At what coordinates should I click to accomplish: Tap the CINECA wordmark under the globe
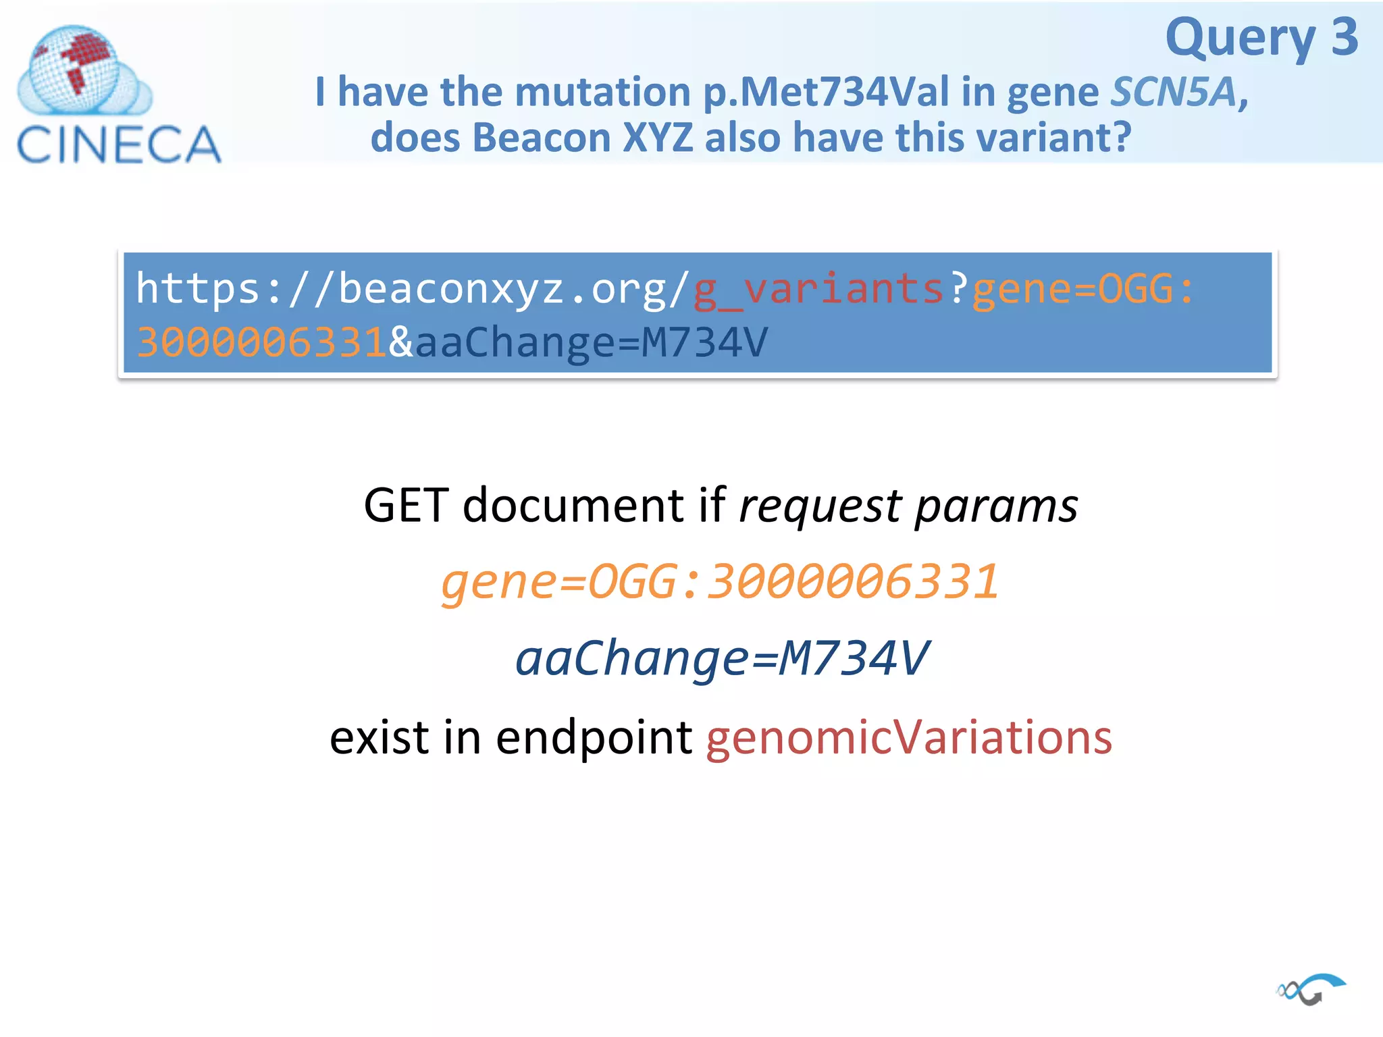tap(119, 144)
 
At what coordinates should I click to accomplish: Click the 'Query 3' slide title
tap(1261, 38)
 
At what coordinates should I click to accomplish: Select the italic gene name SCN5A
tap(1174, 92)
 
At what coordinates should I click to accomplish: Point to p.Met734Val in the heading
tap(826, 92)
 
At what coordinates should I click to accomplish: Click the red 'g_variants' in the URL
tap(818, 289)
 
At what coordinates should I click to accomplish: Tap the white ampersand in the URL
tap(400, 342)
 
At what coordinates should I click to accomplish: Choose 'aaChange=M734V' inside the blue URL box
tap(592, 342)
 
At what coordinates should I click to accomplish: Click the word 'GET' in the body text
tap(406, 505)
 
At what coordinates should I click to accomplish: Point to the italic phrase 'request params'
tap(908, 505)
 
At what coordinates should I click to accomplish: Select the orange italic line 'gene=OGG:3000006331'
tap(720, 581)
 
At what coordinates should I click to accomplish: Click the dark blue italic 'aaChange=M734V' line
tap(721, 658)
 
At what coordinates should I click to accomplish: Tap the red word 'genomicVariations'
tap(908, 737)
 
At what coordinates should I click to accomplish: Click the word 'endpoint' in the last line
tap(594, 737)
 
